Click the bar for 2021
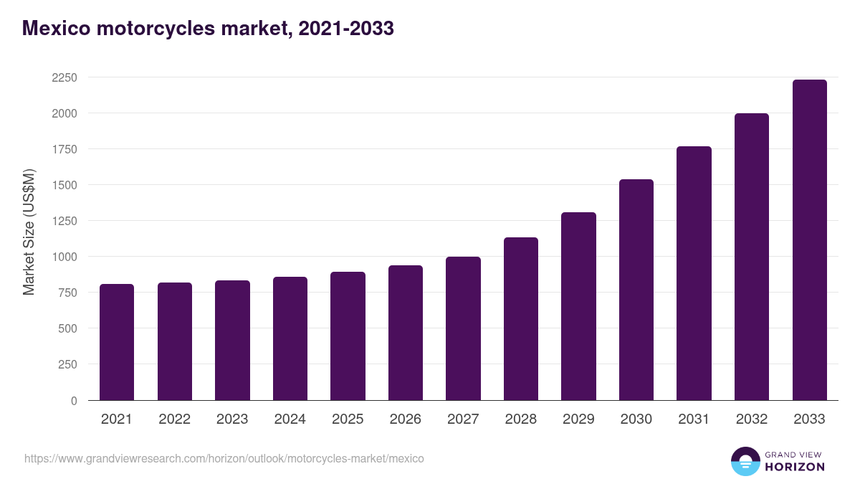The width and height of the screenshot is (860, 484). point(117,342)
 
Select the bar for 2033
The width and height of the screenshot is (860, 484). point(809,240)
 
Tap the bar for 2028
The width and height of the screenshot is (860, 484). point(520,319)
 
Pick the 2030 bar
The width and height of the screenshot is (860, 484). point(636,290)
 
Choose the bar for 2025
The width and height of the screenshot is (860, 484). point(348,336)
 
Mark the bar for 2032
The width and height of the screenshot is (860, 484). point(751,257)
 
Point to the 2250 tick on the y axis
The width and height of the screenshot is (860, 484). point(64,77)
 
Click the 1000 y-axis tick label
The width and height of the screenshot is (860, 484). point(64,257)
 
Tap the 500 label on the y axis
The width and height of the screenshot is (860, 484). point(68,328)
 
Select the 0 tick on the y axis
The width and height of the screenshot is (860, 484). point(74,401)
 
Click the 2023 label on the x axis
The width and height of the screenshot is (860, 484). point(231,419)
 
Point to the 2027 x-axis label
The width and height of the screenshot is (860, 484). point(463,419)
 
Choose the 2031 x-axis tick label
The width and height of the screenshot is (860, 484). point(694,419)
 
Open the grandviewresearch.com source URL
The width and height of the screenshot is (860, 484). point(224,458)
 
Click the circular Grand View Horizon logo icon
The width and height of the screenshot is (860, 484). point(745,462)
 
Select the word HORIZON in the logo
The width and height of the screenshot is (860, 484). point(795,467)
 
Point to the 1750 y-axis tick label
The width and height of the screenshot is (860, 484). point(64,149)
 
